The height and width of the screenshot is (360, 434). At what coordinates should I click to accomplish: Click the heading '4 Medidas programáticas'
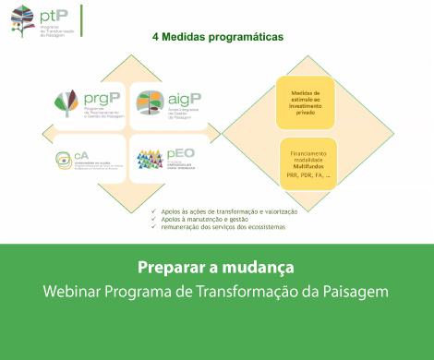(x=217, y=38)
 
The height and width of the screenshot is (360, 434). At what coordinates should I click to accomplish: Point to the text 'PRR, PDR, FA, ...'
(x=306, y=175)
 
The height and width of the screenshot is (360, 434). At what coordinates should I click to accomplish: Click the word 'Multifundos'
(x=306, y=166)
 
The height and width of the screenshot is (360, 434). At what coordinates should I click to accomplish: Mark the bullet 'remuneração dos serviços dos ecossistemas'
(x=223, y=227)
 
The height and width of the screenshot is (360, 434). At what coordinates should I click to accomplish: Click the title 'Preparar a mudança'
(x=215, y=268)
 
